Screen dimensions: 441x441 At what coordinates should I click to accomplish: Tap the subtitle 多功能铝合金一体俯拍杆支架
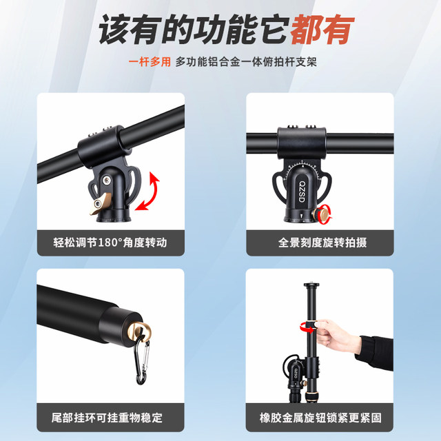pos(256,62)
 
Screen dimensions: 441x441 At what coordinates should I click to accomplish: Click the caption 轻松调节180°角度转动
pos(110,243)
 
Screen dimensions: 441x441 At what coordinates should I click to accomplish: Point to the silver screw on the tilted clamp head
pos(107,181)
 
